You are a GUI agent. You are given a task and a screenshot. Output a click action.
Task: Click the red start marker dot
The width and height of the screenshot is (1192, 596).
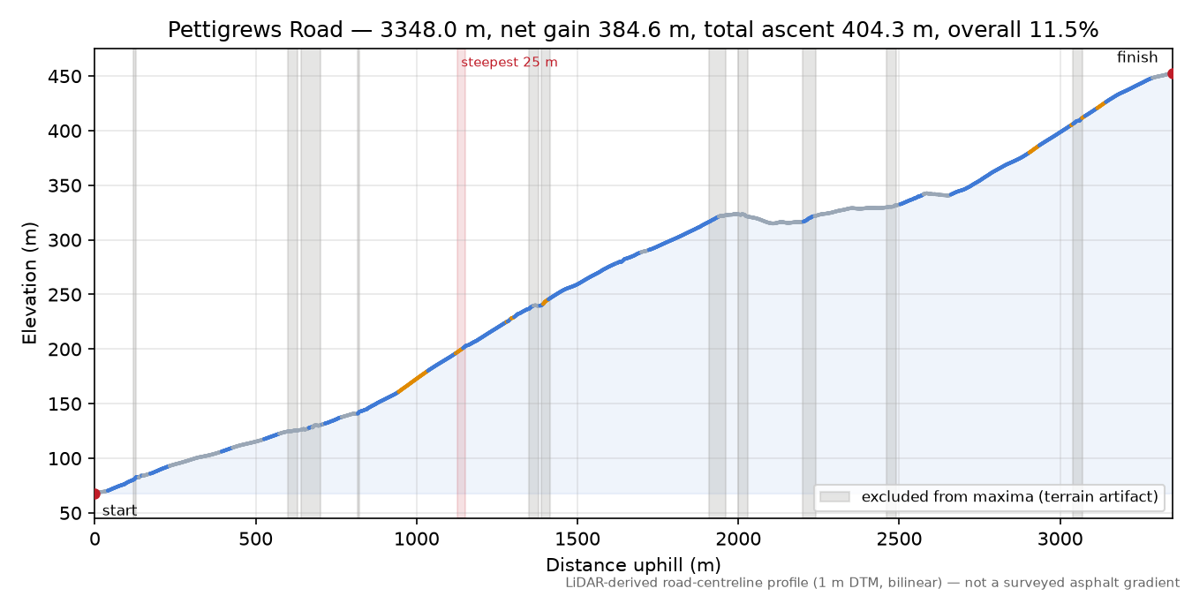[95, 494]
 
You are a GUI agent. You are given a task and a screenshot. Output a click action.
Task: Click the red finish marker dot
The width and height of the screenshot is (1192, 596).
[1172, 73]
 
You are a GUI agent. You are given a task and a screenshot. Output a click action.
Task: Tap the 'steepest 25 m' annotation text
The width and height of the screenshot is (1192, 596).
[509, 63]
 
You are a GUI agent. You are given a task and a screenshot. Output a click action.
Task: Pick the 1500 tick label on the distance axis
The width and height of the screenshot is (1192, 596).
[577, 539]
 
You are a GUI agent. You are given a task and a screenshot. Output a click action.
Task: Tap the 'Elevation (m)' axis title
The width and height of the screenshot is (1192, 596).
[30, 283]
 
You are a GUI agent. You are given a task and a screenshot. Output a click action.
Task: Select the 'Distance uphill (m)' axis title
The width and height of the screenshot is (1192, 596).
[633, 565]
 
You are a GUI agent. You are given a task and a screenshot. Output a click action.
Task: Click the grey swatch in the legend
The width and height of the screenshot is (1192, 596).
[834, 496]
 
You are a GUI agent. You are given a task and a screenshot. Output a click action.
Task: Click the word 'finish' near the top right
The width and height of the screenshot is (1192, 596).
[1137, 57]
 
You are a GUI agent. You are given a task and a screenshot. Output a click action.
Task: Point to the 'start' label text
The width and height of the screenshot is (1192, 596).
[119, 511]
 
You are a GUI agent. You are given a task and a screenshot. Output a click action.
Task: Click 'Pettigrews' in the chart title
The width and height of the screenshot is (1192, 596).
[226, 30]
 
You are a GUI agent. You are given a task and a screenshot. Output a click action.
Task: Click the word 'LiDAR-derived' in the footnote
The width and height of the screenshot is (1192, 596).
[600, 584]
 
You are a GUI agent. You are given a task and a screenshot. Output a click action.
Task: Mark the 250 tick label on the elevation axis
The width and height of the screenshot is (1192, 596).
[65, 295]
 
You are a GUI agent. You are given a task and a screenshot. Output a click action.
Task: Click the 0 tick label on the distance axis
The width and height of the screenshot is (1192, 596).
[94, 539]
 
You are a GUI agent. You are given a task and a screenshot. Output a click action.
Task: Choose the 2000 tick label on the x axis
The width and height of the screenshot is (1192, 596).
[738, 539]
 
